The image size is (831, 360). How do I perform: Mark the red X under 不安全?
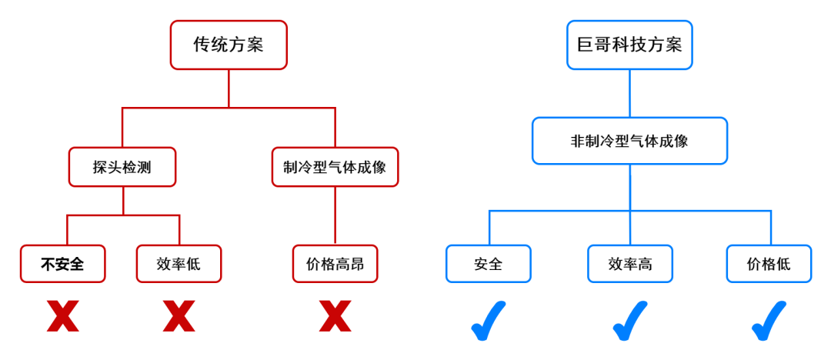pos(62,316)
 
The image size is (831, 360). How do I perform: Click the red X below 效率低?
pos(179,316)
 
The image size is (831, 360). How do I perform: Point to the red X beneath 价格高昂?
pos(335,316)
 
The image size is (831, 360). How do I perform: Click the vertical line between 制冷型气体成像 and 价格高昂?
pos(335,215)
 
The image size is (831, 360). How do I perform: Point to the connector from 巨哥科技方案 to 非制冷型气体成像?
pos(629,93)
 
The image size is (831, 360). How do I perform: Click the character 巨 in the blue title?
pos(585,45)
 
